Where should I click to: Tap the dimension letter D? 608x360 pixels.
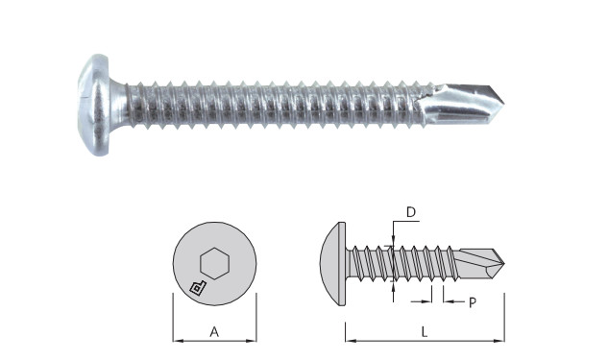(x=409, y=211)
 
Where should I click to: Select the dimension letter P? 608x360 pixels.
(x=473, y=302)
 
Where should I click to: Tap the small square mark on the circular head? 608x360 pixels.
(x=196, y=287)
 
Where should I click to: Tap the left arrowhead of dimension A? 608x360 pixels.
(x=177, y=339)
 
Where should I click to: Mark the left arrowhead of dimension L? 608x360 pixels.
(x=348, y=339)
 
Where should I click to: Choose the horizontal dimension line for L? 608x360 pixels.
(x=384, y=339)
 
